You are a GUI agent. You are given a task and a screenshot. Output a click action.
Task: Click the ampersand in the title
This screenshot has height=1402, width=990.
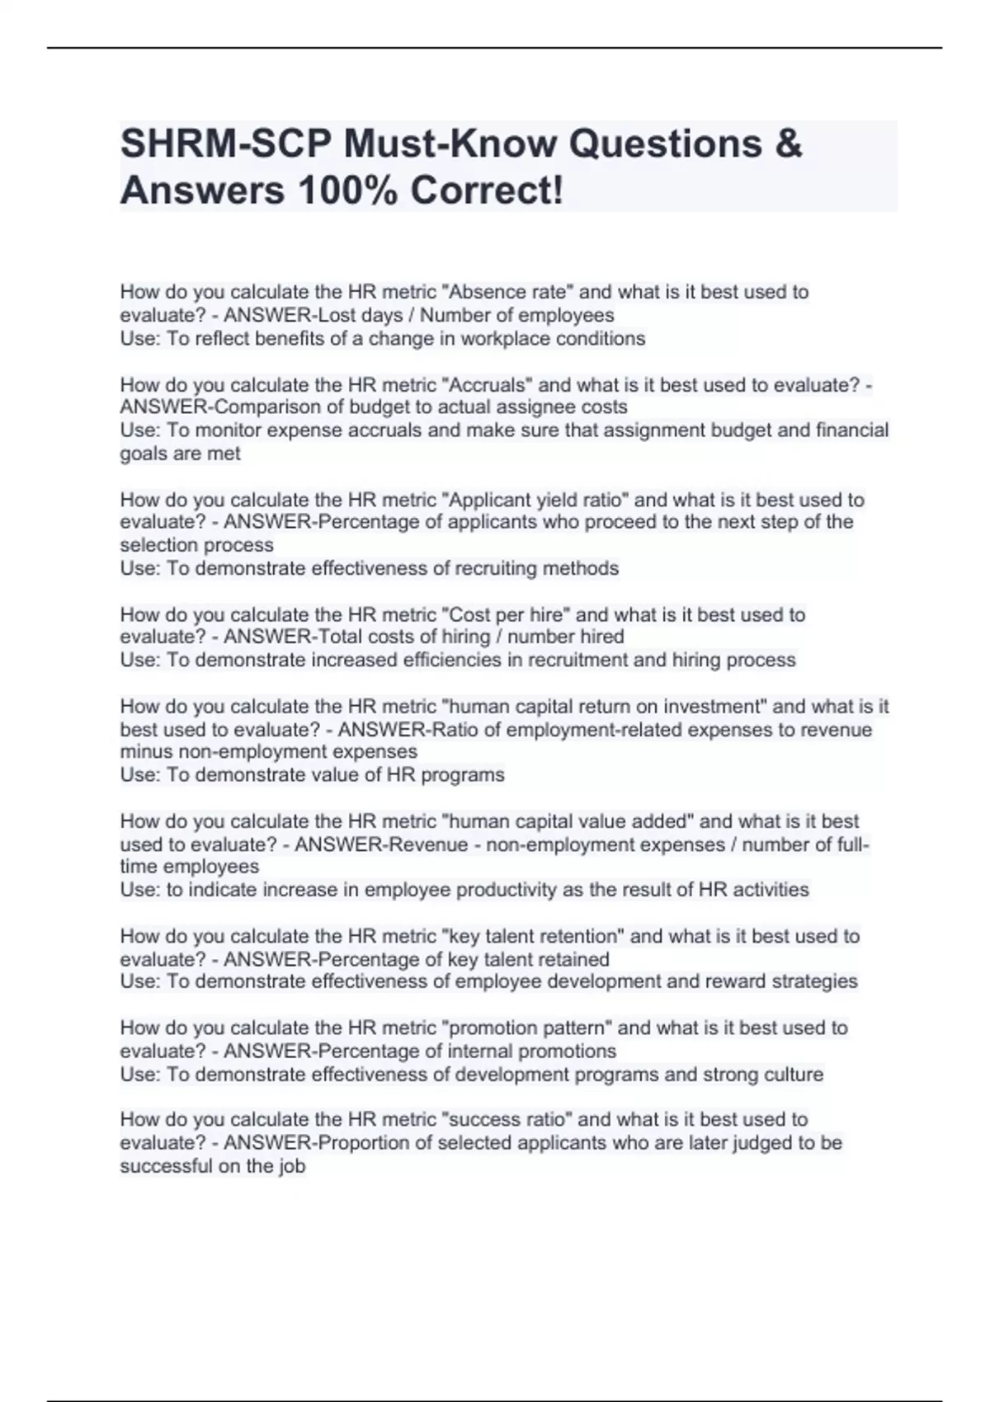click(789, 143)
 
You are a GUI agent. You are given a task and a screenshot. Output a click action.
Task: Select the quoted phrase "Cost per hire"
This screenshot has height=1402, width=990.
click(507, 614)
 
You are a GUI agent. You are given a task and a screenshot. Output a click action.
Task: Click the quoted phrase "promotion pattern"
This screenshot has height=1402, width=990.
click(527, 1028)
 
